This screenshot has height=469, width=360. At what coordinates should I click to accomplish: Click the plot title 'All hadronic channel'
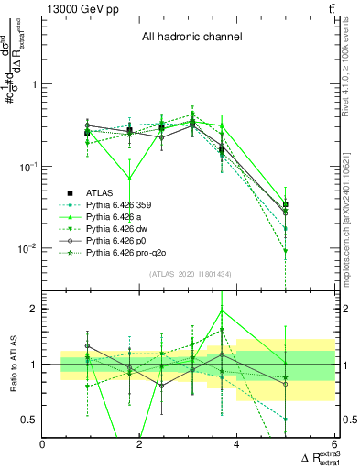tap(191, 38)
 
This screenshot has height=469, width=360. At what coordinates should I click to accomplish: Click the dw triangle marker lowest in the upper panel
tap(286, 251)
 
